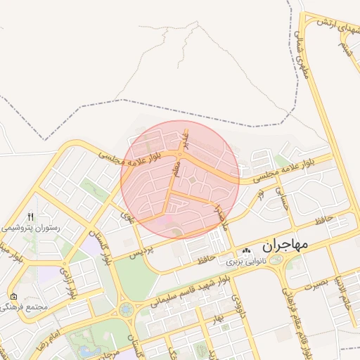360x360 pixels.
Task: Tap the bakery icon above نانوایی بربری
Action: (246, 251)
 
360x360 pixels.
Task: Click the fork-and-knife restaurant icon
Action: (30, 217)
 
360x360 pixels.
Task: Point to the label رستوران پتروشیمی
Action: (31, 228)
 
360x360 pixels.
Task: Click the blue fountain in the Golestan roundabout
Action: (125, 309)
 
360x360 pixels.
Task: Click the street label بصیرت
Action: (313, 285)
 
